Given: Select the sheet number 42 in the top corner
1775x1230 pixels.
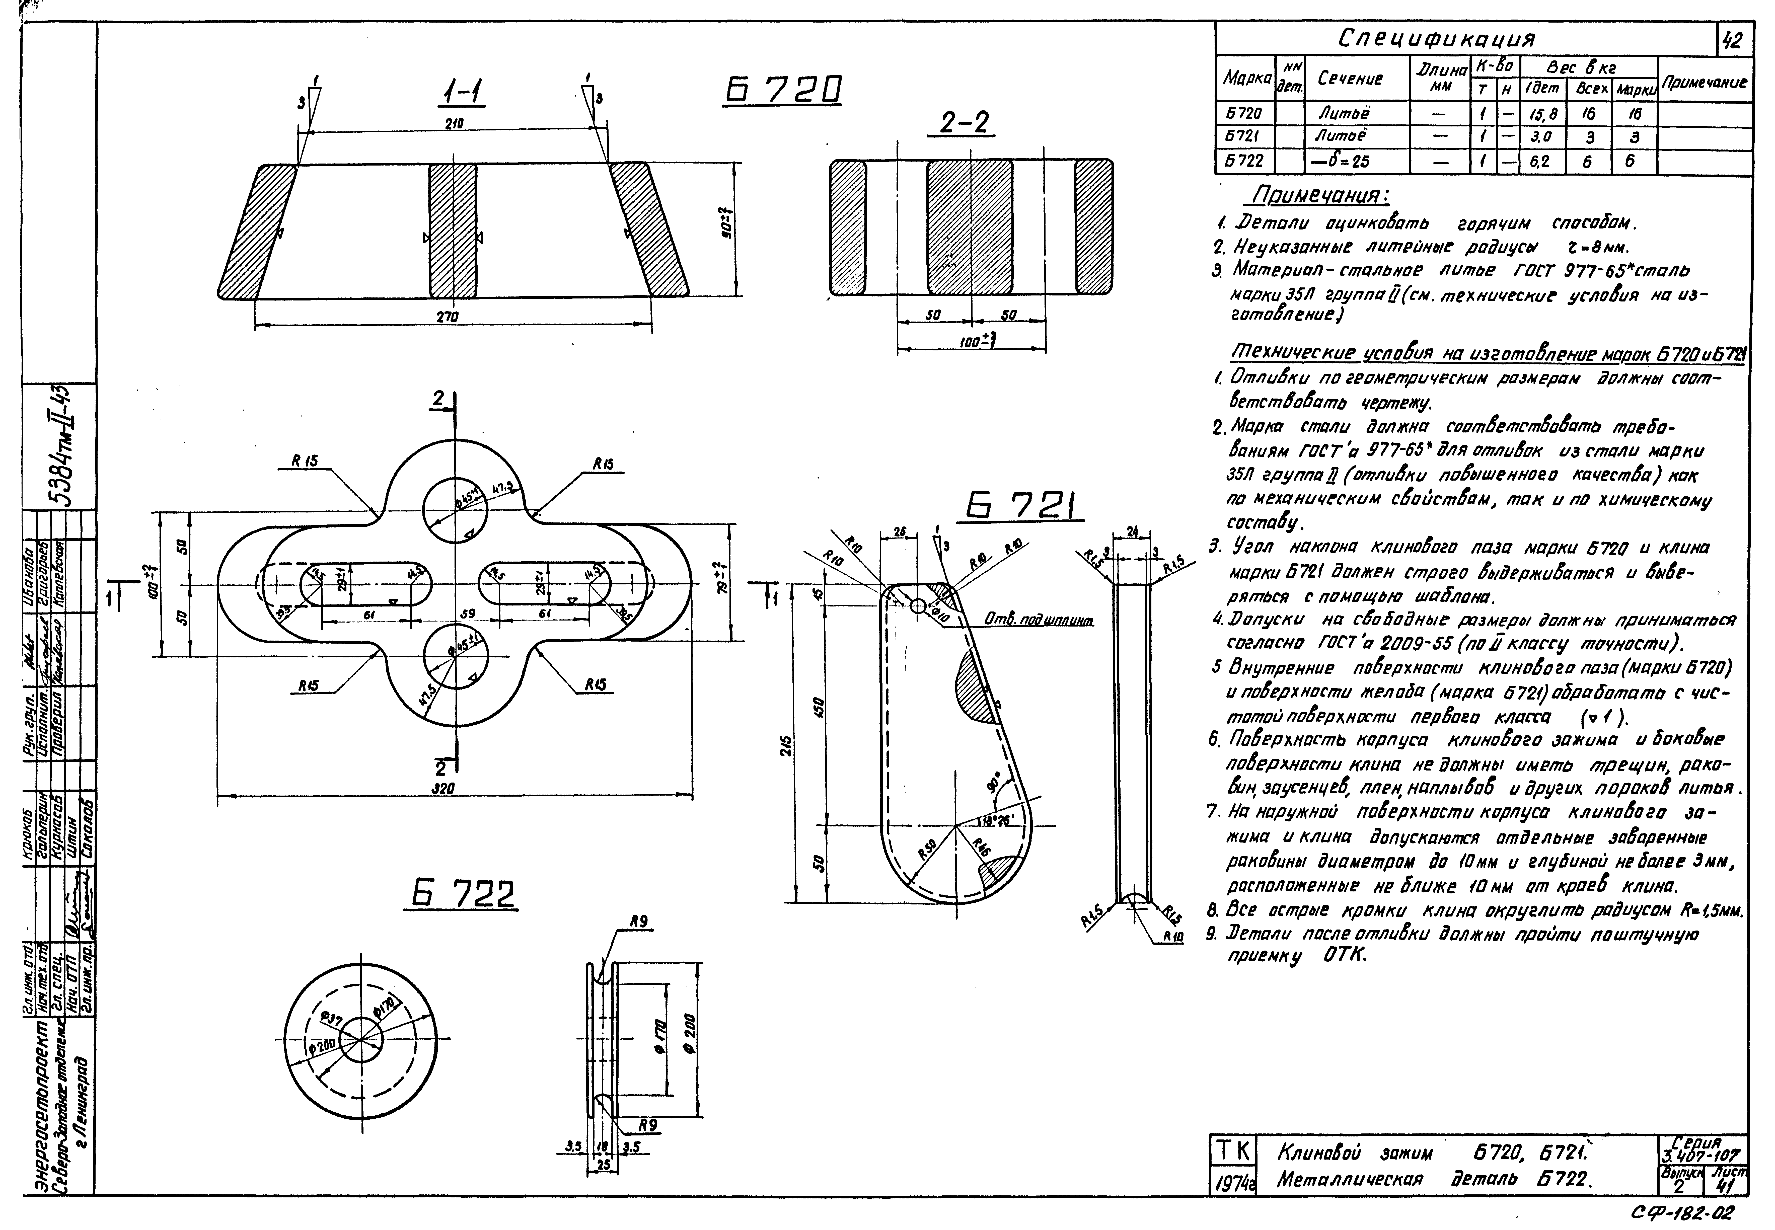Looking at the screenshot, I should (x=1733, y=40).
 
